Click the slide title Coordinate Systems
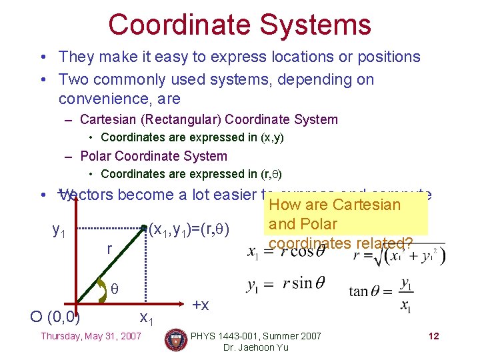(239, 25)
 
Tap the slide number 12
(433, 336)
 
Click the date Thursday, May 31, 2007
(91, 336)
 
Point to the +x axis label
(201, 305)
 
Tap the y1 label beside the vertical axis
(59, 231)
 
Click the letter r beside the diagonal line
(109, 249)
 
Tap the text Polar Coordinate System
(153, 156)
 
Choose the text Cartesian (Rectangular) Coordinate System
(209, 120)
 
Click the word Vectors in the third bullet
(83, 195)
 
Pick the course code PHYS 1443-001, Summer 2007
(257, 336)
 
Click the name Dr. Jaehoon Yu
(257, 348)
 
